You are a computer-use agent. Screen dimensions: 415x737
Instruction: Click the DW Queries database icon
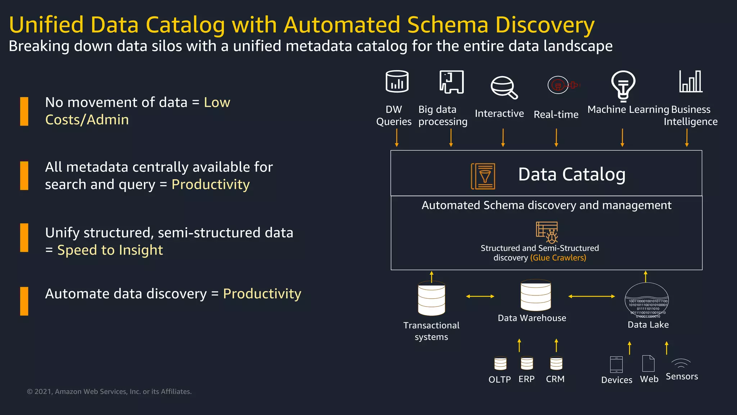click(397, 81)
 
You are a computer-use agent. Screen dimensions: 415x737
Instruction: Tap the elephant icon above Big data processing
click(451, 82)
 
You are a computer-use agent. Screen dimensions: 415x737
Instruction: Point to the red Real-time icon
click(563, 85)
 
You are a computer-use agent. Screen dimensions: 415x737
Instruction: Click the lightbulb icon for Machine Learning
click(623, 86)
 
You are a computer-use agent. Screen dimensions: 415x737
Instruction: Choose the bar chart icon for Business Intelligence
click(690, 81)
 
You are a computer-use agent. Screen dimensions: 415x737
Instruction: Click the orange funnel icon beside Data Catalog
click(483, 176)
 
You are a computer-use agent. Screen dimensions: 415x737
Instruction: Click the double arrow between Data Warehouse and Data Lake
click(591, 296)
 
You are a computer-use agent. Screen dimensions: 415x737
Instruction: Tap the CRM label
click(555, 379)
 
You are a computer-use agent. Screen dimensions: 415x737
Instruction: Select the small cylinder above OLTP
click(500, 363)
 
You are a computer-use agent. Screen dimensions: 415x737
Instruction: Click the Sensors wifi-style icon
click(681, 363)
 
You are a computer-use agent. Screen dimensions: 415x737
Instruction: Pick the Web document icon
click(648, 363)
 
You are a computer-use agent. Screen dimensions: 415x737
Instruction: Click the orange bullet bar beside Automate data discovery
click(24, 301)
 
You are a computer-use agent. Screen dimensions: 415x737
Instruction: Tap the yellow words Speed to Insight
click(110, 250)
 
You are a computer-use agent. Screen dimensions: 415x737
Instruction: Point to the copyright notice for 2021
click(109, 392)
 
